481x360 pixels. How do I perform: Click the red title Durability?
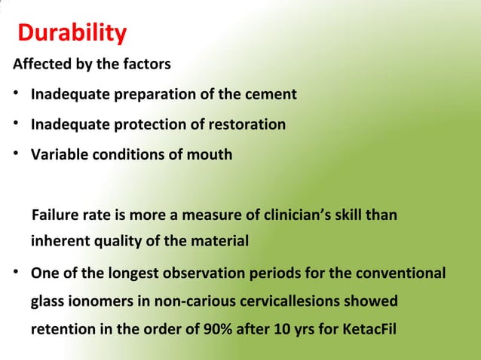click(x=72, y=34)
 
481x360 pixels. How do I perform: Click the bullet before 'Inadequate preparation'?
click(x=15, y=95)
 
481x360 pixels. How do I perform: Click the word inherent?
click(x=58, y=243)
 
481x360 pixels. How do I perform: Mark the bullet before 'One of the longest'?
click(x=15, y=272)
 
